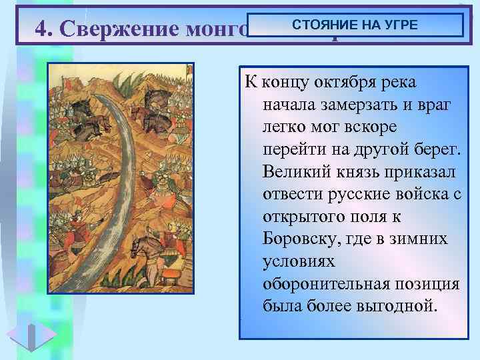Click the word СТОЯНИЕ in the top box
[316, 25]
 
